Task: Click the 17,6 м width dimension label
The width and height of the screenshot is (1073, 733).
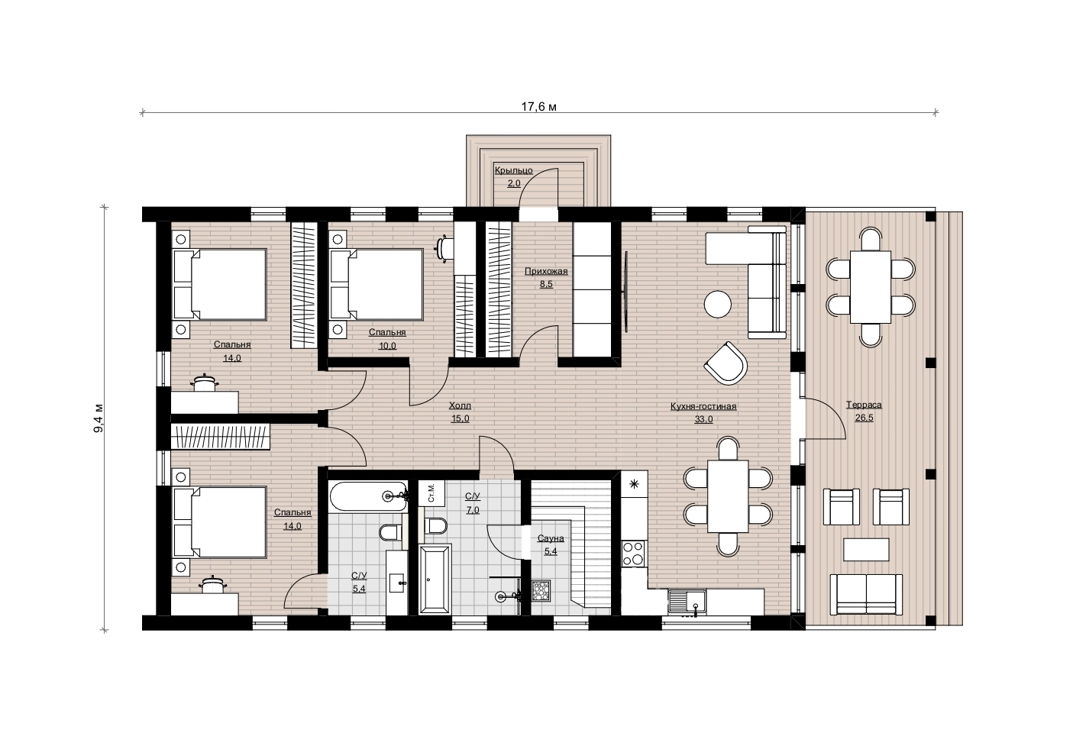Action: (x=539, y=106)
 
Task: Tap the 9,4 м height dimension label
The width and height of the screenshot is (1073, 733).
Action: (x=99, y=418)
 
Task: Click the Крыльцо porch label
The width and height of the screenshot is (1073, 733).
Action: (x=513, y=170)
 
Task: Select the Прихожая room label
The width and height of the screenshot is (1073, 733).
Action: (x=546, y=272)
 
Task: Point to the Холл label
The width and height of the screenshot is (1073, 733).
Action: (x=460, y=406)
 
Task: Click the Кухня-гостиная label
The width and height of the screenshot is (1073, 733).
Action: (x=703, y=406)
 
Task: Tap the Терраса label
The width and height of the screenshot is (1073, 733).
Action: (x=864, y=405)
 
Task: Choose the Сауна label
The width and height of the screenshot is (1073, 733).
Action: (x=551, y=538)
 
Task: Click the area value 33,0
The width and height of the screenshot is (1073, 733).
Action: (x=703, y=419)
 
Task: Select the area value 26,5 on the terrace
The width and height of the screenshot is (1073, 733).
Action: (x=865, y=418)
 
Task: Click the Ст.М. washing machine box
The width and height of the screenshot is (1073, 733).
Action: (x=431, y=493)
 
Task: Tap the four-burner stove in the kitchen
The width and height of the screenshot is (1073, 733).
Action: (x=633, y=554)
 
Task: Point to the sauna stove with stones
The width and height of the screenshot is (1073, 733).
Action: (x=541, y=591)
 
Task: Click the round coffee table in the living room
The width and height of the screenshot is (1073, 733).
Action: (x=718, y=304)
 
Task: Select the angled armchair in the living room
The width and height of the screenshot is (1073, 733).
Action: (x=726, y=363)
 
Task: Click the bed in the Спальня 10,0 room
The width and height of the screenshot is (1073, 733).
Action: (x=377, y=284)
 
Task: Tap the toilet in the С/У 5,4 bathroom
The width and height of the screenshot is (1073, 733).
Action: (x=390, y=532)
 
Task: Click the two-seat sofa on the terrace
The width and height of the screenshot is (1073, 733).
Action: (x=866, y=594)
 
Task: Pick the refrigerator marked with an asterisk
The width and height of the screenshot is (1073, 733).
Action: (x=634, y=484)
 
